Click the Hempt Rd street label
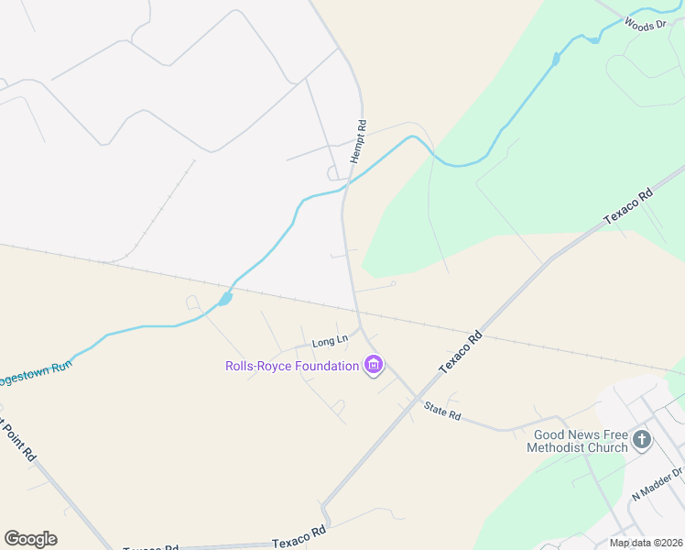[358, 142]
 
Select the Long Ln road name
[331, 342]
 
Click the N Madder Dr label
[658, 484]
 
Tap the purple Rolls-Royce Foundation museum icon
[373, 366]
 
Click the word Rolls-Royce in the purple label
[260, 367]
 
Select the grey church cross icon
[641, 440]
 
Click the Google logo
[30, 538]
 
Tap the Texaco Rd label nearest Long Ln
[460, 352]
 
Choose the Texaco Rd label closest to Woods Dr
[628, 208]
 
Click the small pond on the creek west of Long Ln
[224, 299]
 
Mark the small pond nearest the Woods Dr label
[594, 39]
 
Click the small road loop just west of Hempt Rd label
[334, 172]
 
